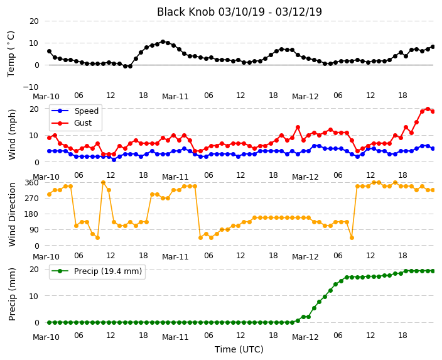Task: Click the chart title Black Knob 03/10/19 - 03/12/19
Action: [239, 12]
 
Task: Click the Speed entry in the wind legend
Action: [75, 111]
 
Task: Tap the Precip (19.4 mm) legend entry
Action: [97, 271]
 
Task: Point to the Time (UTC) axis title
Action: [239, 349]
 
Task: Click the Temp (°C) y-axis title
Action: [11, 54]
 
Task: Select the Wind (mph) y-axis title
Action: [12, 135]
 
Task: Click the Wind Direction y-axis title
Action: [12, 214]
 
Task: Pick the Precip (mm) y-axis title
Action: [12, 295]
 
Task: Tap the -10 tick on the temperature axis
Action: [31, 87]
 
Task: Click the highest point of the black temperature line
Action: [163, 41]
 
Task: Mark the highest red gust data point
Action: [428, 109]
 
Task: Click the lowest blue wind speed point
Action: [114, 160]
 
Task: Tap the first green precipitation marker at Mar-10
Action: [50, 322]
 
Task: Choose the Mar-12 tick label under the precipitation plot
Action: [305, 337]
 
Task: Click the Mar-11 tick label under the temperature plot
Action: [175, 97]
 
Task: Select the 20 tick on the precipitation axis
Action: [34, 269]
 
